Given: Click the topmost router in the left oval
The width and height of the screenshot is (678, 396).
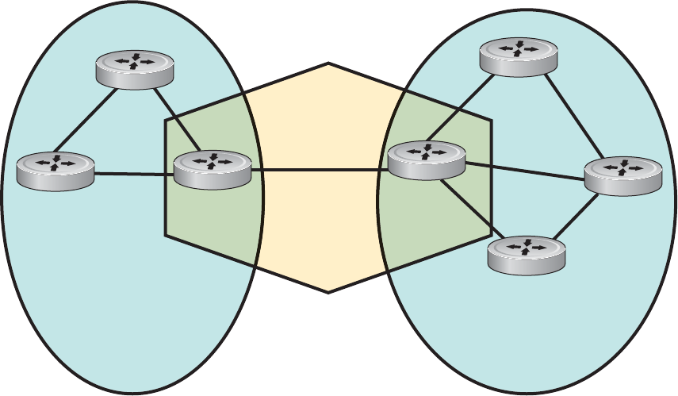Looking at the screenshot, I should click(x=134, y=70).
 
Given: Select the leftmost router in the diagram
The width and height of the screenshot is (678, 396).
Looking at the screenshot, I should click(x=56, y=171).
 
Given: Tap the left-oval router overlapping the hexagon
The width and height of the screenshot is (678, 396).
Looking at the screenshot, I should click(x=212, y=169).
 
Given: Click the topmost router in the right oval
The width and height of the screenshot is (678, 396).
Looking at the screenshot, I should click(x=518, y=58).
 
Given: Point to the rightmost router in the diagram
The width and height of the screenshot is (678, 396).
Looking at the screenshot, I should click(x=623, y=175).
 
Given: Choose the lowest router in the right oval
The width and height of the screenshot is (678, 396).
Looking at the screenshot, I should click(x=527, y=255).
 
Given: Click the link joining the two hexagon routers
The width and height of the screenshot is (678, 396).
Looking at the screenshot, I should click(x=319, y=169).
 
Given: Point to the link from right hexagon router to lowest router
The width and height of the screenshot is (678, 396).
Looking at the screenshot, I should click(x=468, y=208).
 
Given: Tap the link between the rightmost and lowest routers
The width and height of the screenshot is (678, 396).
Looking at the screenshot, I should click(x=579, y=216).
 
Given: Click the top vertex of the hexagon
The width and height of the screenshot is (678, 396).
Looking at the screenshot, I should click(x=328, y=63).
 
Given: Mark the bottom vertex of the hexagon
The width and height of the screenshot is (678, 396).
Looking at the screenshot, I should click(x=328, y=292).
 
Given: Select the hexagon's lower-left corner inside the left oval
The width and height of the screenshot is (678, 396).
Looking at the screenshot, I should click(x=166, y=235).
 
